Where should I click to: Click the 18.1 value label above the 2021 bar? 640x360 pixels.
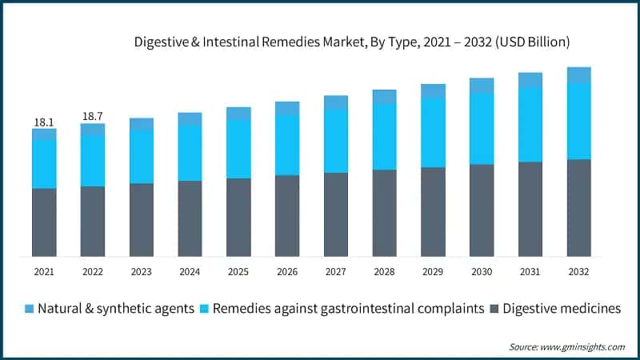tap(43, 122)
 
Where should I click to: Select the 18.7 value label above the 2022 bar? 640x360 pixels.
tap(93, 117)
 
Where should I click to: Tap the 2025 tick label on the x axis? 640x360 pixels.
tap(238, 272)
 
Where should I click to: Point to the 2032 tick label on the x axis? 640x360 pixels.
tap(578, 272)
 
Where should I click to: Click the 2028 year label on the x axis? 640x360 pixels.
tap(384, 272)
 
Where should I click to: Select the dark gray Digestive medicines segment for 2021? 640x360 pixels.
tap(44, 222)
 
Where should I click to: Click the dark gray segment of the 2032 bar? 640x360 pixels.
tap(578, 208)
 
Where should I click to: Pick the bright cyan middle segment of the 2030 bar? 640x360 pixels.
tap(482, 129)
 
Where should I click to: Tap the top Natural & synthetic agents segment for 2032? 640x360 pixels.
tap(578, 75)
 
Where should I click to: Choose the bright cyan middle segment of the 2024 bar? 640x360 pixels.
tap(190, 153)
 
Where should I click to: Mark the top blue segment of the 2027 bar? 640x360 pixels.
tap(336, 102)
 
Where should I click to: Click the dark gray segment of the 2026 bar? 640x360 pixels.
tap(287, 216)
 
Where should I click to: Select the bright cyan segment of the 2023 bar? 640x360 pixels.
tap(142, 157)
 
